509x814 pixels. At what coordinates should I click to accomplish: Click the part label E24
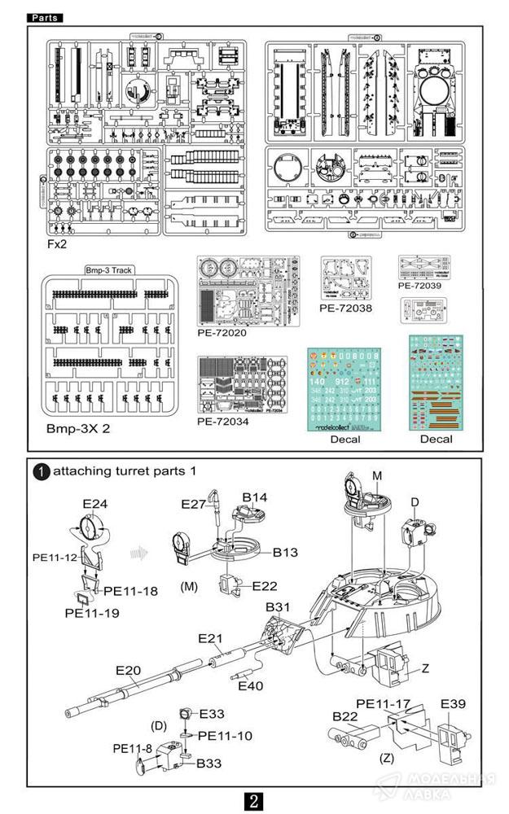(96, 505)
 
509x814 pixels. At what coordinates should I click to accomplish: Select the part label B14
(255, 496)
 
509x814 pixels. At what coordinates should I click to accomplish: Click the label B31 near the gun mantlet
(278, 607)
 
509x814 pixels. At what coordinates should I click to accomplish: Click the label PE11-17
(382, 702)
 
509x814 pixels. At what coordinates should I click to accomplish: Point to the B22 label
(345, 716)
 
